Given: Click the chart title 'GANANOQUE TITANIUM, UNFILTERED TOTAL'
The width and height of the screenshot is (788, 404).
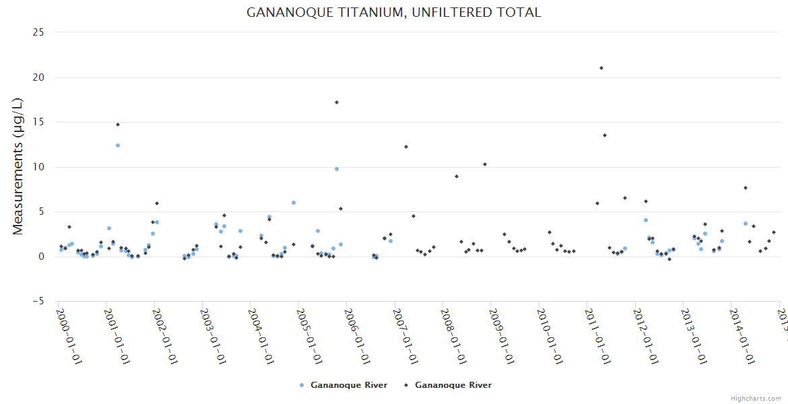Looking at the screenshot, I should pyautogui.click(x=393, y=12).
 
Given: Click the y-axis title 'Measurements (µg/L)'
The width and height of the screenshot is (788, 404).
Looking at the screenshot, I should pyautogui.click(x=18, y=166).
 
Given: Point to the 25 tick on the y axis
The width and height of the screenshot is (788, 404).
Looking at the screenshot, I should pyautogui.click(x=38, y=32).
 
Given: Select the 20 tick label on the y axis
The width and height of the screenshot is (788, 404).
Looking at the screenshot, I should pyautogui.click(x=38, y=77).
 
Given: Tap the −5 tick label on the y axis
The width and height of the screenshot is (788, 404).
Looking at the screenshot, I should pyautogui.click(x=38, y=302).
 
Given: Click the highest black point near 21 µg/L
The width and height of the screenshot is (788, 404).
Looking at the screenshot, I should pyautogui.click(x=601, y=68).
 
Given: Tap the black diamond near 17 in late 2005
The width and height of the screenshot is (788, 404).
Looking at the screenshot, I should pyautogui.click(x=337, y=102).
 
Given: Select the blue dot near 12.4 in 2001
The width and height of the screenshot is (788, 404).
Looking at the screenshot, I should pyautogui.click(x=117, y=145).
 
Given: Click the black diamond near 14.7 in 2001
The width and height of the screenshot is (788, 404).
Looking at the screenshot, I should pyautogui.click(x=117, y=125).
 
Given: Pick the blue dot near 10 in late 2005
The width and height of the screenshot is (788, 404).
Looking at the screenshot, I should pyautogui.click(x=337, y=169).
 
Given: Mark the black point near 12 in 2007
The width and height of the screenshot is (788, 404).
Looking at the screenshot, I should pyautogui.click(x=406, y=147).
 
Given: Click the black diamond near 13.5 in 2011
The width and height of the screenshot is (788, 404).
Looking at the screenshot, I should pyautogui.click(x=605, y=135).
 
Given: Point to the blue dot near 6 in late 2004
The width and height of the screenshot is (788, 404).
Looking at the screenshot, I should pyautogui.click(x=294, y=203).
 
